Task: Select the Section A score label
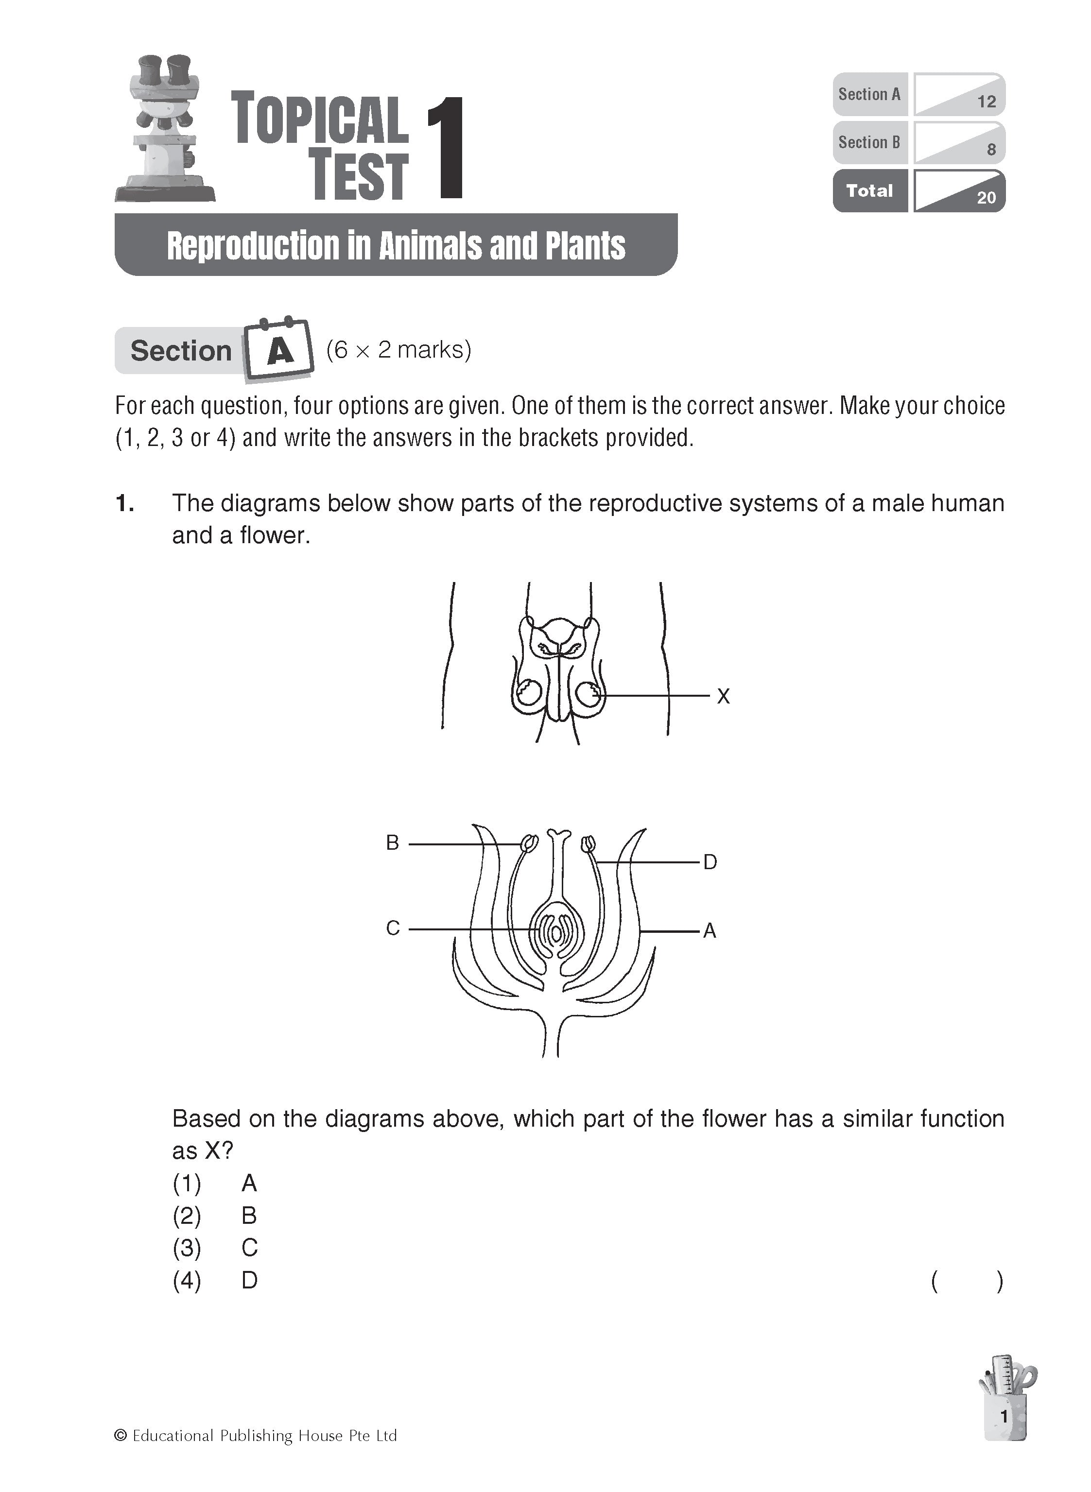pos(869,94)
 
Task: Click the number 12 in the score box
pos(986,102)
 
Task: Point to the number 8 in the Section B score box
pos(990,150)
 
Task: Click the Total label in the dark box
pos(869,191)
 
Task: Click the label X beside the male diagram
pos(723,697)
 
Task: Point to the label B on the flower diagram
pos(392,843)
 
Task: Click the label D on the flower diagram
pos(710,862)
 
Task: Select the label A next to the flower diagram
pos(710,931)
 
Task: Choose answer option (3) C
pos(249,1248)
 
